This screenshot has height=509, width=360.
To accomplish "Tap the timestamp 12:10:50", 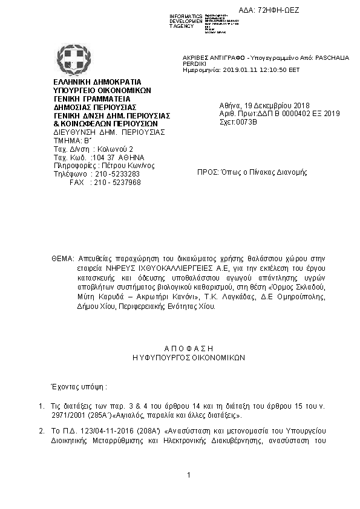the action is click(272, 70).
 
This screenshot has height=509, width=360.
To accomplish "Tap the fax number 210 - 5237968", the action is click(114, 182).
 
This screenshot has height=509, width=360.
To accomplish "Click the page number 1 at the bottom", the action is click(189, 476).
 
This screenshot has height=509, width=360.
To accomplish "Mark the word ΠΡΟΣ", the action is click(208, 172).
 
